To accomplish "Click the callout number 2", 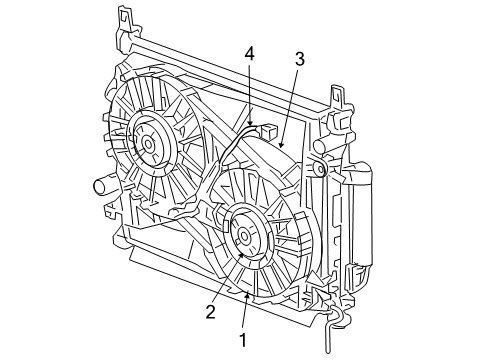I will tap(211, 311).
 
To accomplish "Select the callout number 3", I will tap(298, 59).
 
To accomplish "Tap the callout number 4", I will tap(250, 53).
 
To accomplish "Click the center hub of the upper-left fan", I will tap(148, 142).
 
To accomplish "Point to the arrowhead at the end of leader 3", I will tap(280, 147).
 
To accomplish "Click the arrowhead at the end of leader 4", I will tap(250, 127).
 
